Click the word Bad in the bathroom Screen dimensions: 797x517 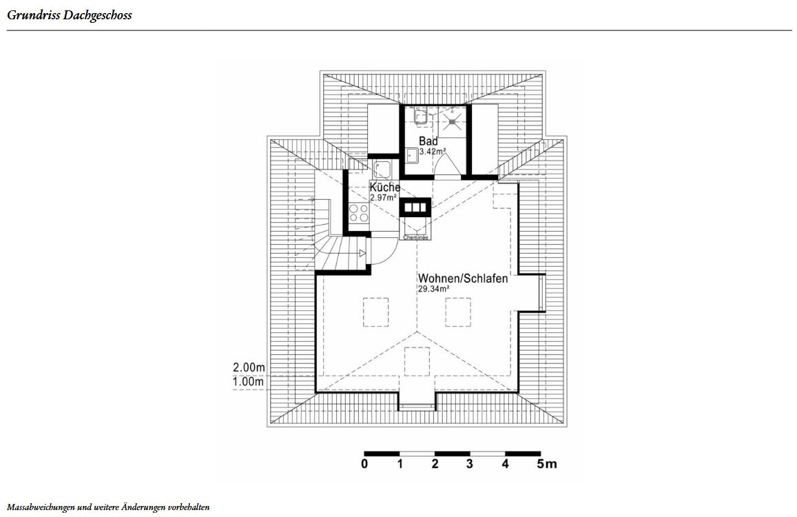[x=428, y=141]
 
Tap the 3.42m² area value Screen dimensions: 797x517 [x=433, y=151]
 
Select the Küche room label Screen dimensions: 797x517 [x=385, y=187]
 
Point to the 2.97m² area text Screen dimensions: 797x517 [x=383, y=197]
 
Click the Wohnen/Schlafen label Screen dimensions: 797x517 [x=462, y=278]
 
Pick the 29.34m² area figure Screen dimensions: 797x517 [x=433, y=289]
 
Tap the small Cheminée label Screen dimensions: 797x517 [x=416, y=238]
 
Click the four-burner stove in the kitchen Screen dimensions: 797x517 [x=359, y=213]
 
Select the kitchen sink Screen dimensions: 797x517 [x=381, y=170]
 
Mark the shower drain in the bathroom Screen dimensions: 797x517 [x=451, y=121]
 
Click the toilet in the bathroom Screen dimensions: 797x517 [x=420, y=116]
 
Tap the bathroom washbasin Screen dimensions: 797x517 [x=411, y=155]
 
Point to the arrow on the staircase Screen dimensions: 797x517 [x=362, y=253]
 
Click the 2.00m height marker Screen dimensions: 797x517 [x=249, y=367]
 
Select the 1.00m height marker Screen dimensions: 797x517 [x=249, y=382]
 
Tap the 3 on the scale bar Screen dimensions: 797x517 [x=469, y=464]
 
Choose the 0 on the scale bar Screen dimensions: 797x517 [x=364, y=464]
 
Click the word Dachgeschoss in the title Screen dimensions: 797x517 [x=97, y=15]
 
